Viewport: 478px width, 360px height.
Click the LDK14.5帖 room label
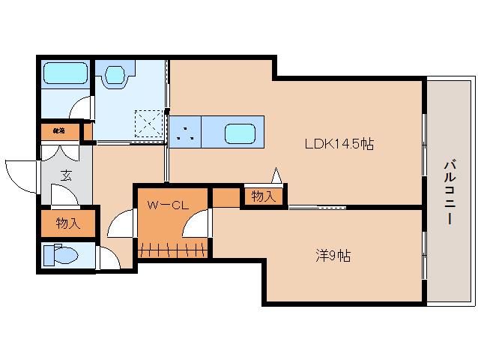click(x=338, y=145)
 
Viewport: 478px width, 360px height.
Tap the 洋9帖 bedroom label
click(x=332, y=256)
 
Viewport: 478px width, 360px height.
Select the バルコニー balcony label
click(x=449, y=192)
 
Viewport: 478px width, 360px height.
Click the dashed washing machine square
click(x=148, y=122)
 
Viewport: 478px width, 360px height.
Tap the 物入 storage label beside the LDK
click(x=263, y=196)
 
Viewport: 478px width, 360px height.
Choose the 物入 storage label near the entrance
click(x=68, y=223)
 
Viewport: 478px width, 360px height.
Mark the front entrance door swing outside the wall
click(x=20, y=175)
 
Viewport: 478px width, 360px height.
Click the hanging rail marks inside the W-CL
click(x=173, y=248)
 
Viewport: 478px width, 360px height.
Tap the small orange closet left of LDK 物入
click(x=225, y=197)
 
